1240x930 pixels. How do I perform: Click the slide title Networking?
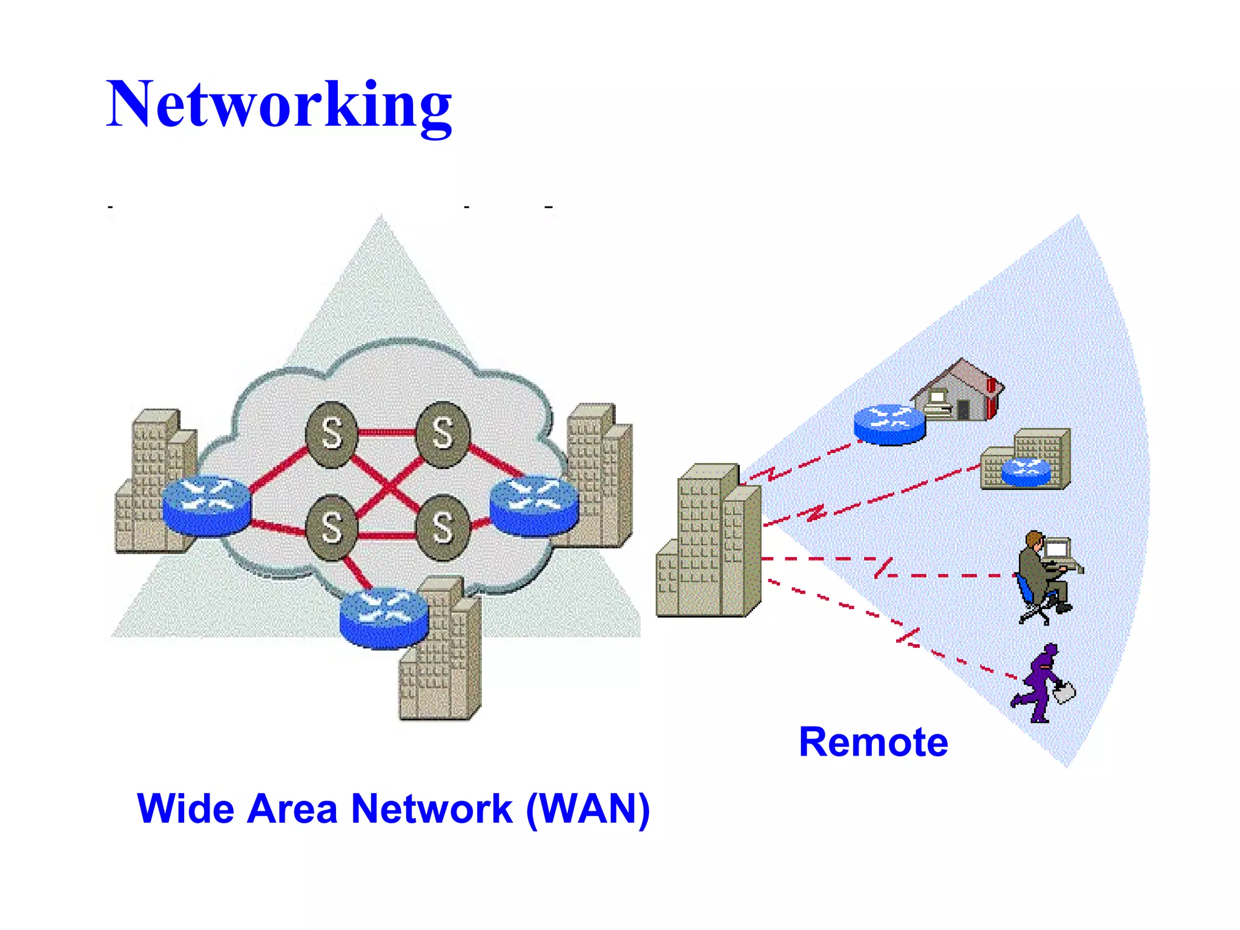click(x=279, y=104)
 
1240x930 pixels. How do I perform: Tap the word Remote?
click(x=872, y=742)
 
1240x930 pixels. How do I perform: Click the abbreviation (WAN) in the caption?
click(x=588, y=809)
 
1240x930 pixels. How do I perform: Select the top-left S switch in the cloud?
click(x=331, y=434)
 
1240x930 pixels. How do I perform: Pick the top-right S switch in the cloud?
click(x=443, y=434)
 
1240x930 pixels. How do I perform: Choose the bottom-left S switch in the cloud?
click(x=331, y=527)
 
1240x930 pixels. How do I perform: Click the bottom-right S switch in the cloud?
click(x=443, y=527)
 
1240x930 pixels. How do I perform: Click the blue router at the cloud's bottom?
click(x=384, y=618)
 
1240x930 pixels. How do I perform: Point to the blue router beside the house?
click(x=889, y=424)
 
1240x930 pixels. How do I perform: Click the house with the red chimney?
click(x=960, y=391)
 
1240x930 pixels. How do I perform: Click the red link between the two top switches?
click(x=386, y=432)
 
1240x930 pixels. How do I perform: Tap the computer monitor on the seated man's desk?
click(x=1057, y=549)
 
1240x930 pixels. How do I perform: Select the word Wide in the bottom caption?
click(x=185, y=809)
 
